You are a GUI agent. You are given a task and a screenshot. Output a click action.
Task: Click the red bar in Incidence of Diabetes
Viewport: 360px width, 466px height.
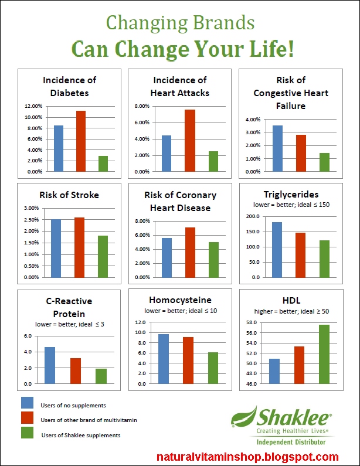tap(81, 141)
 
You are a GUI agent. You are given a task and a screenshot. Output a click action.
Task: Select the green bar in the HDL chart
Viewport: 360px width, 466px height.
tap(324, 354)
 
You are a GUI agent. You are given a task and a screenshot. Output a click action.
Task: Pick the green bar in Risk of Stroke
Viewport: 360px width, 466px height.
tap(103, 256)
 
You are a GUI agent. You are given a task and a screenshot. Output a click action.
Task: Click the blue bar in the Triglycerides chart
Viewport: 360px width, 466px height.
tap(277, 250)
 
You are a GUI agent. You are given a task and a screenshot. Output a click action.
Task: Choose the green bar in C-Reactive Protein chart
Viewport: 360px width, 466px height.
tap(101, 376)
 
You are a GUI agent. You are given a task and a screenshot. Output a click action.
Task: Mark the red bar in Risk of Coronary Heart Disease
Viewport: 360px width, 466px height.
tap(190, 252)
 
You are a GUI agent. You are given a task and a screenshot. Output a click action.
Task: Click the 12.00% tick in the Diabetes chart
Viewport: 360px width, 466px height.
tap(32, 106)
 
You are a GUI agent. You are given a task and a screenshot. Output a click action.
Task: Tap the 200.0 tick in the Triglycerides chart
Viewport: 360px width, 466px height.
tap(253, 216)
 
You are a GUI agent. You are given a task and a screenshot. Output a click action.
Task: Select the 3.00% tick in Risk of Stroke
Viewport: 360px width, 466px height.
tap(31, 208)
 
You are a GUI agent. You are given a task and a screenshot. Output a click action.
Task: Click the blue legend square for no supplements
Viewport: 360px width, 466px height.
tap(27, 403)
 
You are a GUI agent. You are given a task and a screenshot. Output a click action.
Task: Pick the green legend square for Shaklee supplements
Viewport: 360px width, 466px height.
tap(27, 433)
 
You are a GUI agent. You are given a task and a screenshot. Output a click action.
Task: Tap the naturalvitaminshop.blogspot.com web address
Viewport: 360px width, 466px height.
tap(248, 457)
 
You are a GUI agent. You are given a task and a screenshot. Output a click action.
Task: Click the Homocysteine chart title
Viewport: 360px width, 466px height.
tap(181, 300)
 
